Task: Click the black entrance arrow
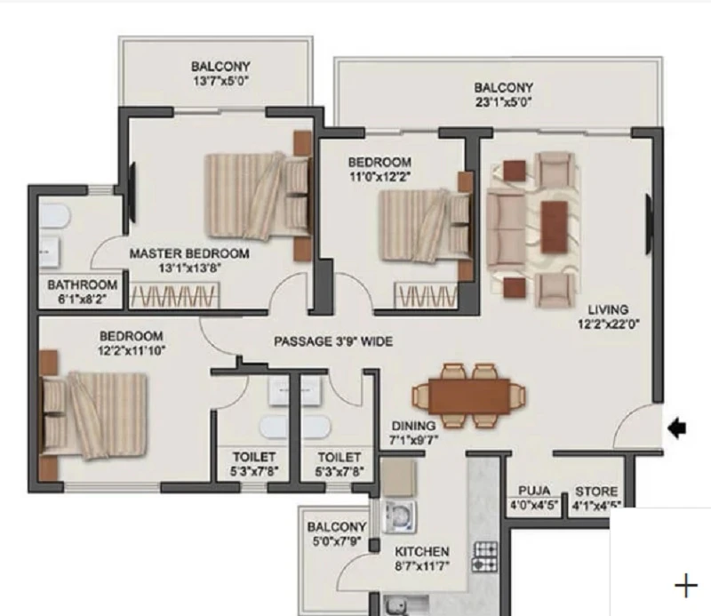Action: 677,428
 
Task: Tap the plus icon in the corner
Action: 686,586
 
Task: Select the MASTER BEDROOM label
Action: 189,253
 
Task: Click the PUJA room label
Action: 534,491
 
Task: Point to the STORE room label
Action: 596,492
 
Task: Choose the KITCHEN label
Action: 421,552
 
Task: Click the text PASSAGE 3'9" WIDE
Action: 333,341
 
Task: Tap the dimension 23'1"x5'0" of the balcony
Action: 503,102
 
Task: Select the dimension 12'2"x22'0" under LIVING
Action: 608,324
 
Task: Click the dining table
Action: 469,396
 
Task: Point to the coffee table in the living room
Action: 554,227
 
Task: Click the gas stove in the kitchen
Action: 484,556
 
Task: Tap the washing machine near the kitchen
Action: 399,516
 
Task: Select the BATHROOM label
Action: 82,284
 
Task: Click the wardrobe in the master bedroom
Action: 174,296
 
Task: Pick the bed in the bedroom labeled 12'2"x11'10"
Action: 94,415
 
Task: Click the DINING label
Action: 413,426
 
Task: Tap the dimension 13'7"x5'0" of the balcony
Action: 220,81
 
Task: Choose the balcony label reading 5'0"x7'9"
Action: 337,541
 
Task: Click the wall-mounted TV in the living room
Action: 649,226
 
